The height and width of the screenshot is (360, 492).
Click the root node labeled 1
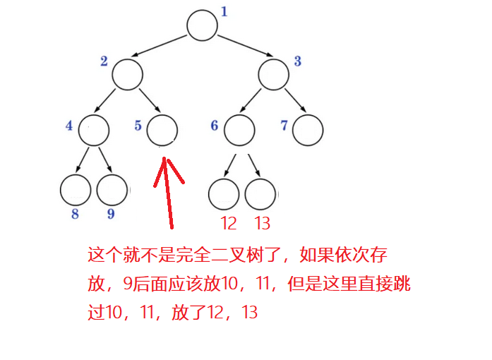click(202, 25)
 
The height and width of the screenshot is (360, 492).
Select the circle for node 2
click(128, 74)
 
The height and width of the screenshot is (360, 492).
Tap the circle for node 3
click(274, 74)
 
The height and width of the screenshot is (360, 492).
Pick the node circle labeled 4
click(94, 130)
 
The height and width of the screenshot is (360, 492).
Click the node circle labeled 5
click(162, 130)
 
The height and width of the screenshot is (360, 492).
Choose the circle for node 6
click(239, 130)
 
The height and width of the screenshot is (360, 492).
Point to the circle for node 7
click(308, 130)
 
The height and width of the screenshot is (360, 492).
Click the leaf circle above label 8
click(76, 189)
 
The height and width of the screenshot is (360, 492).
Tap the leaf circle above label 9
click(112, 189)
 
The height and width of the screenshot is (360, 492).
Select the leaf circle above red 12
click(224, 194)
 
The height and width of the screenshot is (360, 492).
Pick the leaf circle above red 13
click(260, 194)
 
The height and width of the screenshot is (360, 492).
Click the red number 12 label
click(228, 224)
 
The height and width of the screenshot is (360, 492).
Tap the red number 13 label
click(262, 224)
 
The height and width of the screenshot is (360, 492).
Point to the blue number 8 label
click(75, 214)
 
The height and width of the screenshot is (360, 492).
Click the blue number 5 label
click(138, 126)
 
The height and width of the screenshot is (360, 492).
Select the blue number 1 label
click(224, 12)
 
